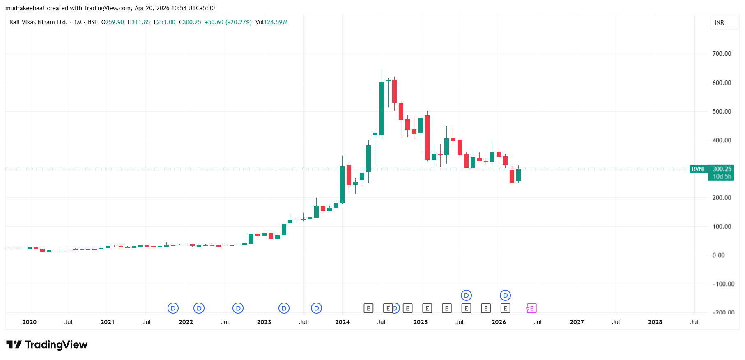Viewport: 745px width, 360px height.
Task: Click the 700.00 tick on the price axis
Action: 722,54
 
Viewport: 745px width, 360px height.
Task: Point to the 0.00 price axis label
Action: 718,255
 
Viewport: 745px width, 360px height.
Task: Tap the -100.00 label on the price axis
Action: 723,284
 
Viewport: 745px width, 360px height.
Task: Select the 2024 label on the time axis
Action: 342,322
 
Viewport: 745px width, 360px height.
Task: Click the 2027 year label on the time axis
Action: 577,322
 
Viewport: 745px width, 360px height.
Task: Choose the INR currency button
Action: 719,23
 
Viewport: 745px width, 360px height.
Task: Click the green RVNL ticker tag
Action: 699,169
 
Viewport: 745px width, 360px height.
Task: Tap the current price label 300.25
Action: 722,169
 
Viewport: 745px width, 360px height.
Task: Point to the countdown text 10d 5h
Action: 722,177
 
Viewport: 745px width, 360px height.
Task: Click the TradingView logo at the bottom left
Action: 47,345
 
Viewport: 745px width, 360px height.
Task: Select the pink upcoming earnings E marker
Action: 531,308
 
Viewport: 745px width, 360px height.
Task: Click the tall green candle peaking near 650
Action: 382,109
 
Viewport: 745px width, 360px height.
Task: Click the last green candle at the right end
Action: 518,174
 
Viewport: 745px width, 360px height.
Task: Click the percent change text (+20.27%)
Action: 238,22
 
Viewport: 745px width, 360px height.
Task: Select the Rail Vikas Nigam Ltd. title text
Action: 38,22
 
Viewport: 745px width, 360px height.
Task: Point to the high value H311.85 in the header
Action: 139,22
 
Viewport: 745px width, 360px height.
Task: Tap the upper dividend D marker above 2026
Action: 505,296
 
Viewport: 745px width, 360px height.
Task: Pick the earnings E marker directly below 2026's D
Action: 505,308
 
